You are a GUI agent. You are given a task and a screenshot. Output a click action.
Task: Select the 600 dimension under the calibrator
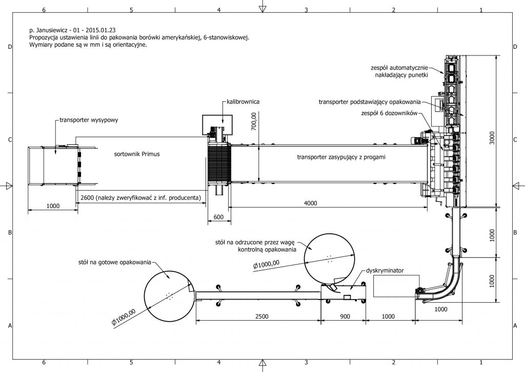[218, 217]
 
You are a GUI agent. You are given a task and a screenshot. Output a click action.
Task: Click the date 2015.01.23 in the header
[106, 31]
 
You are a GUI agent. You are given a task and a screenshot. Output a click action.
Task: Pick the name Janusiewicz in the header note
[54, 31]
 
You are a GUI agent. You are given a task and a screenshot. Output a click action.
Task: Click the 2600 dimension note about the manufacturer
[140, 197]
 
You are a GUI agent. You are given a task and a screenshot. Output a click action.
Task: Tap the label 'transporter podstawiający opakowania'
[370, 101]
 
